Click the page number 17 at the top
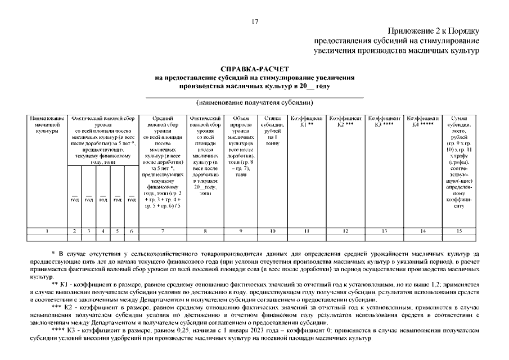pos(254,22)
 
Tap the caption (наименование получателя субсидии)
pos(254,103)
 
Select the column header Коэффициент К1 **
pos(306,121)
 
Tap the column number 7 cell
pos(162,231)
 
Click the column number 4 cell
pos(103,231)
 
